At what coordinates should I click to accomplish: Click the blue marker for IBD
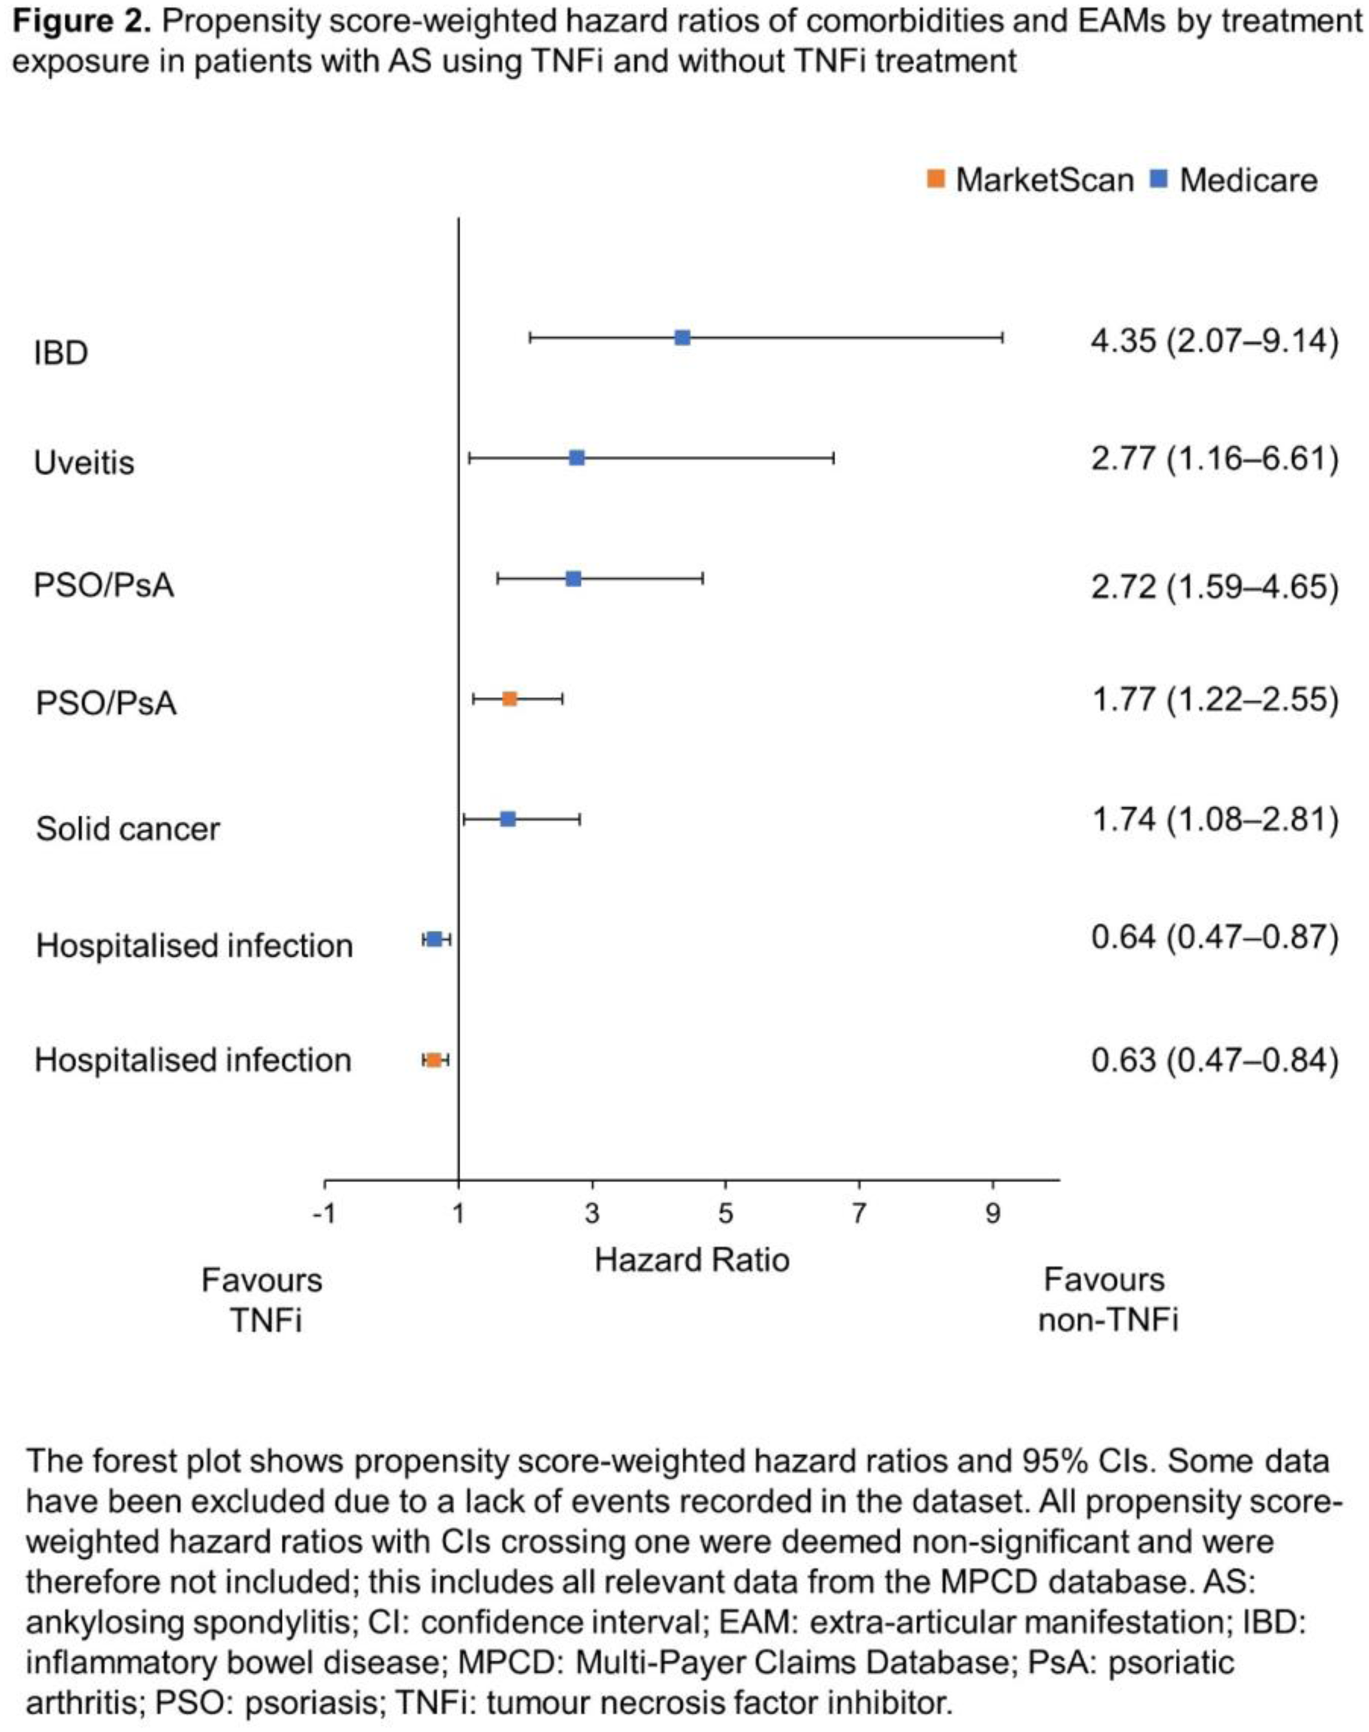(x=682, y=337)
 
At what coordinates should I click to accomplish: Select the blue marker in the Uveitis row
(x=576, y=457)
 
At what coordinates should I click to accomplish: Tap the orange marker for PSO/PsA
(x=510, y=699)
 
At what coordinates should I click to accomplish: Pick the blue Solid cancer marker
(x=508, y=819)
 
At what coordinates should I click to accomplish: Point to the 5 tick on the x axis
(x=725, y=1214)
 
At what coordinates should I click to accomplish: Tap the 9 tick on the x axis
(x=993, y=1214)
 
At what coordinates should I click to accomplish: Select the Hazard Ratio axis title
(x=692, y=1261)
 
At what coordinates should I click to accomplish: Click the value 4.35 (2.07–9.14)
(x=1214, y=341)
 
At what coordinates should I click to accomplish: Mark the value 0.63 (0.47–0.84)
(x=1214, y=1060)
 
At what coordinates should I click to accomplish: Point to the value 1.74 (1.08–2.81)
(x=1214, y=820)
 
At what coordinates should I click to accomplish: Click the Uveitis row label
(x=84, y=464)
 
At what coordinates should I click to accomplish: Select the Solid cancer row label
(x=128, y=829)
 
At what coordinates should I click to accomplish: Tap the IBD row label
(x=61, y=353)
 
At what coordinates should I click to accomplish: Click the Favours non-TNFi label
(x=1107, y=1299)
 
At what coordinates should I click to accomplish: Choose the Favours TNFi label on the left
(x=263, y=1299)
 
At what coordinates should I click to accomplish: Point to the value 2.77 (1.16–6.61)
(x=1214, y=459)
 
